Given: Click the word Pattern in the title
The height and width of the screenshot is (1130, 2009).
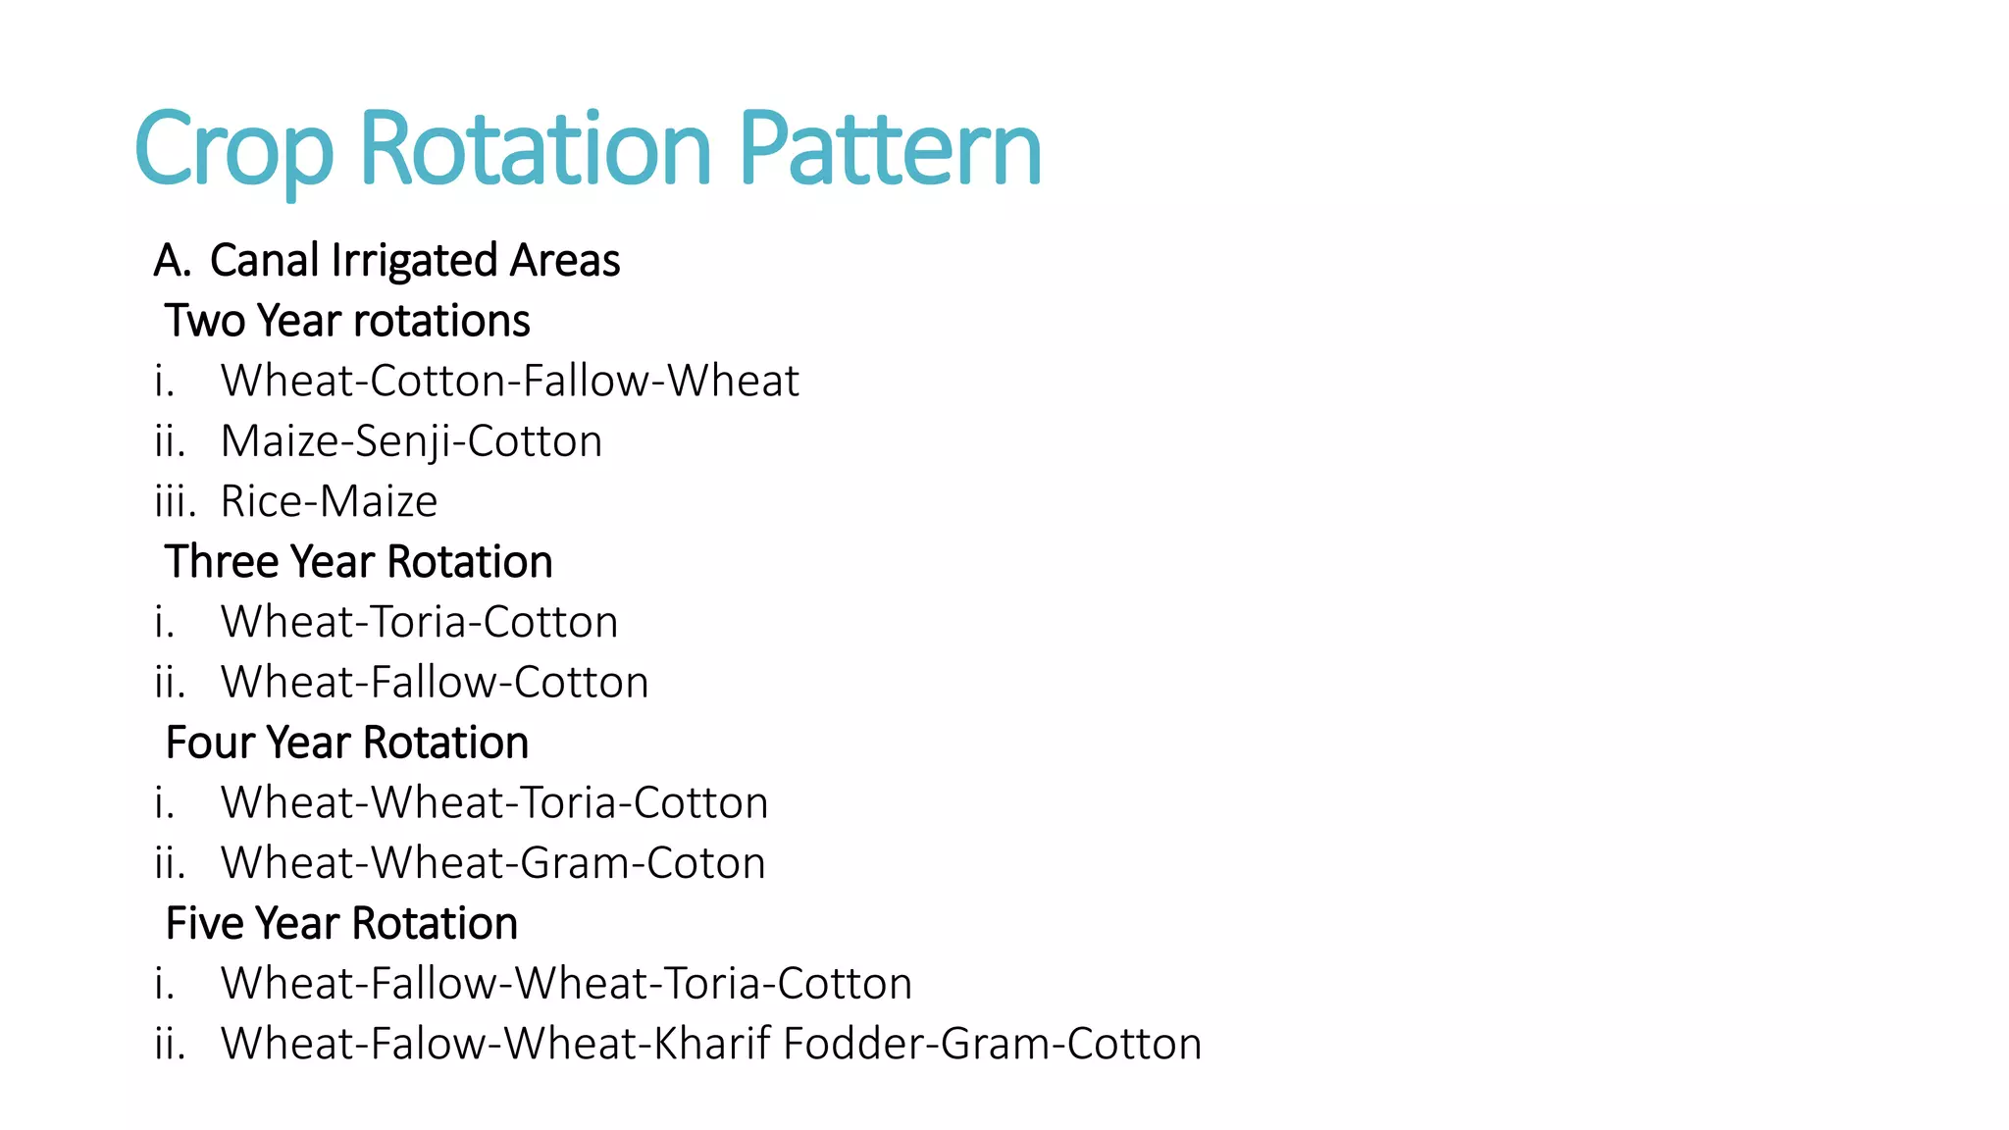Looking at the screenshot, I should [x=889, y=148].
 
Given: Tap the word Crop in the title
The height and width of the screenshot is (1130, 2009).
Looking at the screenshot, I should [x=233, y=150].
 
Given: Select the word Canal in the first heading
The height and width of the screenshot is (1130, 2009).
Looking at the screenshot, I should [x=264, y=260].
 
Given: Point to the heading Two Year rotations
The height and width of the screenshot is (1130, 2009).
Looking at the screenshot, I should [x=347, y=321].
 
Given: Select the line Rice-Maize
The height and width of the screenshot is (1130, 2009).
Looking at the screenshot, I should [x=329, y=501].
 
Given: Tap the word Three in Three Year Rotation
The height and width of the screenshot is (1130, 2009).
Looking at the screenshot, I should [x=222, y=562].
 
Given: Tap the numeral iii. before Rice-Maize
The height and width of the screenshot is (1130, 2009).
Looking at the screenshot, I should [x=175, y=501].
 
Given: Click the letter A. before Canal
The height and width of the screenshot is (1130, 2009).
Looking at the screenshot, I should [x=172, y=261].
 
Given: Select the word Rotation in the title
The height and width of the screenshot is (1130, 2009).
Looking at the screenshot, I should [x=536, y=148].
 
